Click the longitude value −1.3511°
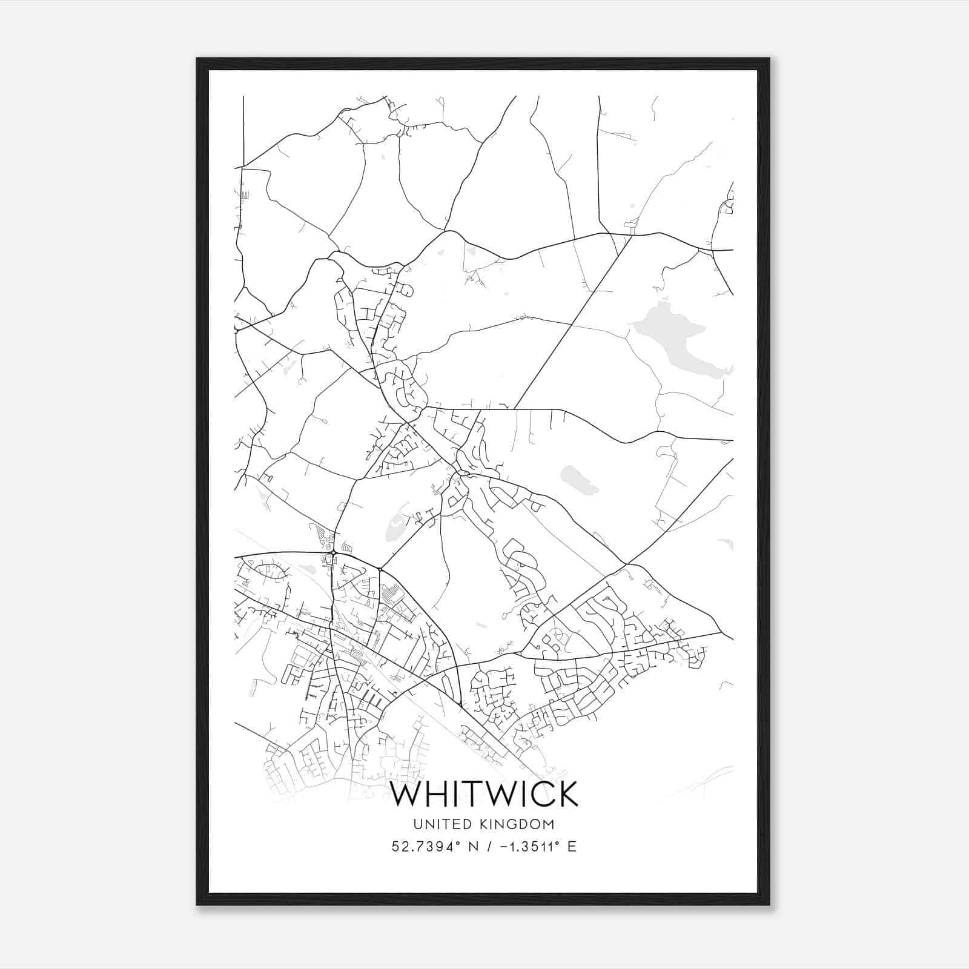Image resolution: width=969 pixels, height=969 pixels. [x=527, y=846]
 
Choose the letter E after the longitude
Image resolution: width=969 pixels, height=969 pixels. [x=572, y=846]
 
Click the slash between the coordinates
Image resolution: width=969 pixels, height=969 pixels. [x=488, y=846]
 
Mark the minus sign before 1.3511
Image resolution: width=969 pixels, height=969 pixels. [x=502, y=847]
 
